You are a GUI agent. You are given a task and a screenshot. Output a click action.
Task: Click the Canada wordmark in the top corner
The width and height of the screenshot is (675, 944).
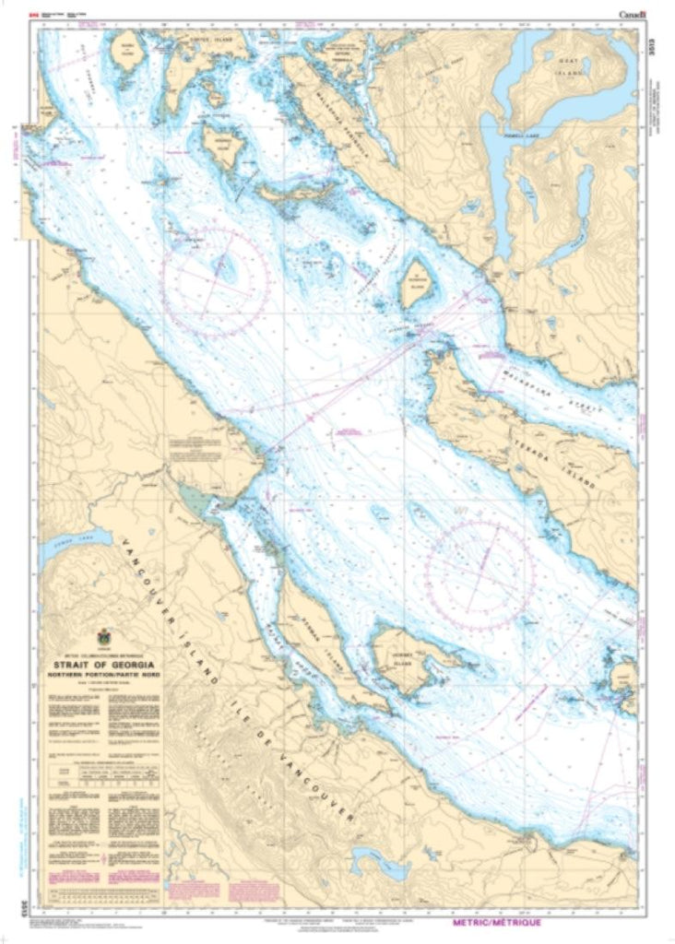click(634, 13)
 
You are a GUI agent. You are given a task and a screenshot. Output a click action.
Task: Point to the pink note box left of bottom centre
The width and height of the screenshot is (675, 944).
click(253, 891)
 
